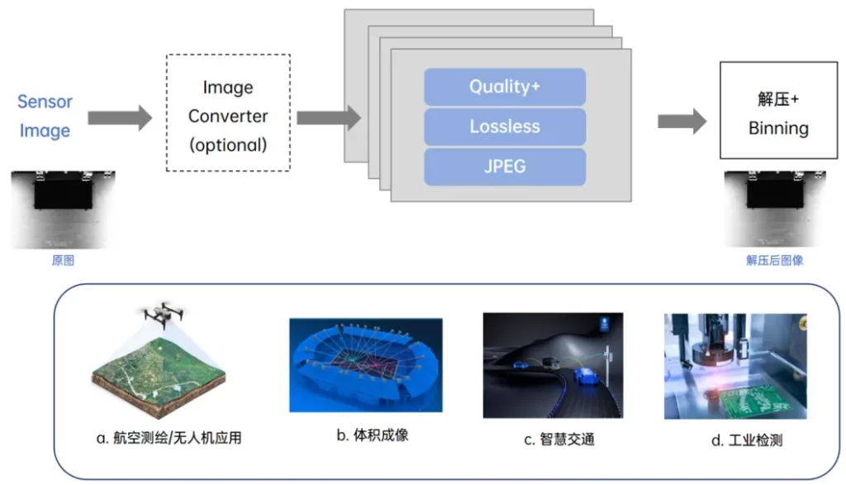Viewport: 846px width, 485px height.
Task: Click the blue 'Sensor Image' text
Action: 45,116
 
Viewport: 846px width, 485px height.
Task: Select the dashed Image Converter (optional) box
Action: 228,112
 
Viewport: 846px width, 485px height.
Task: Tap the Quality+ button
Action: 505,86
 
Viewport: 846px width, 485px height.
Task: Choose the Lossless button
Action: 505,126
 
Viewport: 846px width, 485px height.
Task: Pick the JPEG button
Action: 505,166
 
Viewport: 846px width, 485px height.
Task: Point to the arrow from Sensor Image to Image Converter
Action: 121,117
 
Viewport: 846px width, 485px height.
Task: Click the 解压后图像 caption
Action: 774,260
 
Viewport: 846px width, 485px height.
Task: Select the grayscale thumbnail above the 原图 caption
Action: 64,209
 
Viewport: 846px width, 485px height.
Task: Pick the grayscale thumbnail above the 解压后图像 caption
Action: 775,209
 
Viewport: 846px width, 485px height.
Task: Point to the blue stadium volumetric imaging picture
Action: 365,364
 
